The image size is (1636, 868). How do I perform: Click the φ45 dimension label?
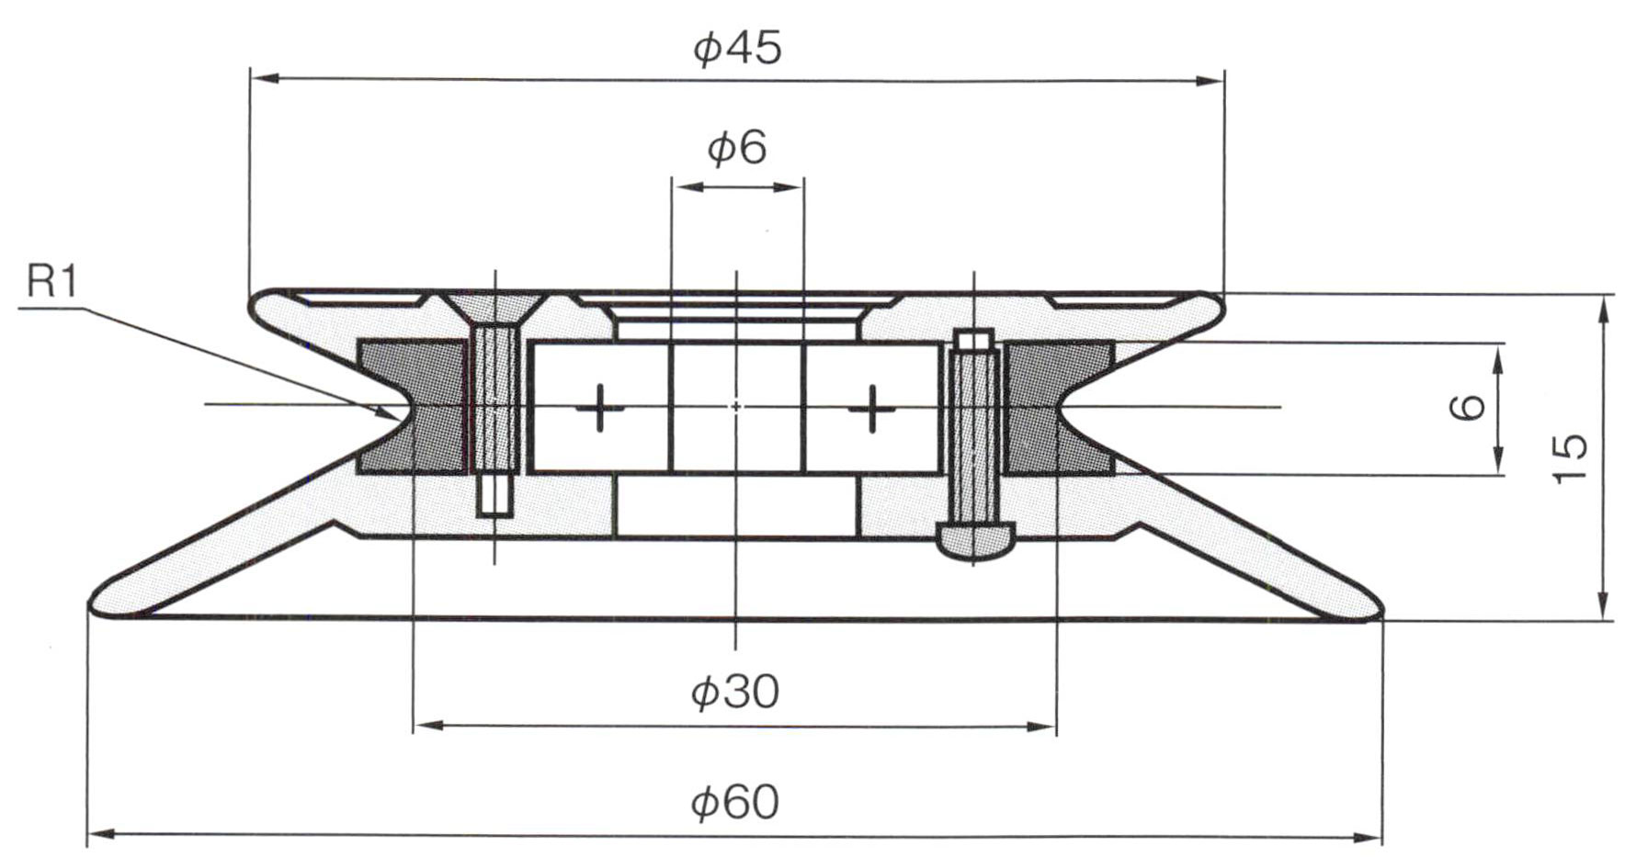point(737,48)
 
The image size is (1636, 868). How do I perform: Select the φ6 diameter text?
point(736,148)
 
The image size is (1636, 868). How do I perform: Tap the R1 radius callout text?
point(52,282)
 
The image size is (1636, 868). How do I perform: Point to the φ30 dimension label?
point(734,692)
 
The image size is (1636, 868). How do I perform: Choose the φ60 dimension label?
point(734,802)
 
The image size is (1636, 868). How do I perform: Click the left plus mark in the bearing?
point(600,407)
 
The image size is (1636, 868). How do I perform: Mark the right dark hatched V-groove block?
point(1059,407)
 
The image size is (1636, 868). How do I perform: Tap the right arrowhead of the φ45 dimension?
point(1212,81)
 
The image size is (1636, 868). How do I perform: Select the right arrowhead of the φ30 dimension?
point(1042,727)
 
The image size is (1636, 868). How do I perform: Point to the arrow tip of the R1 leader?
point(392,413)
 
